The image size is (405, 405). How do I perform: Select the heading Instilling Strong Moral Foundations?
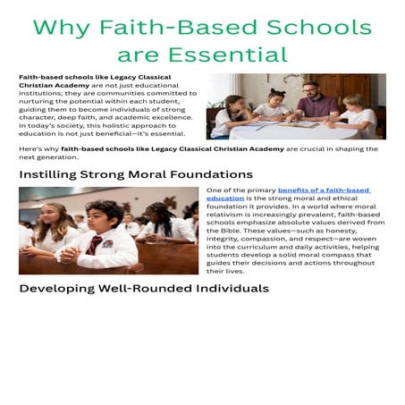[x=136, y=173]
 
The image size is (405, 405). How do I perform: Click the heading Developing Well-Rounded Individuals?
[x=143, y=289]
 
